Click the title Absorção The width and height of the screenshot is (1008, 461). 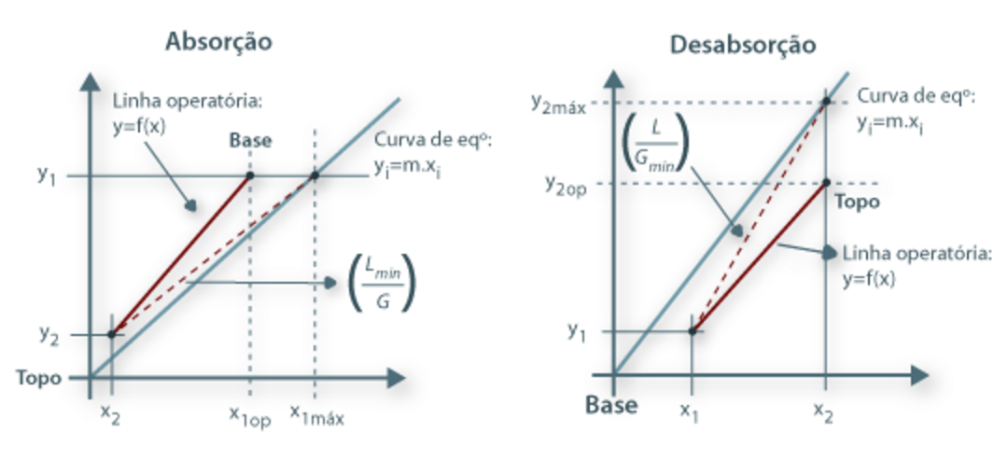click(x=218, y=42)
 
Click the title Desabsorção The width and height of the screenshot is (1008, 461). click(x=743, y=45)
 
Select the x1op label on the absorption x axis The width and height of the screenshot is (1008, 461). click(x=250, y=416)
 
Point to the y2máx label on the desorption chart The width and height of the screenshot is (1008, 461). click(x=559, y=103)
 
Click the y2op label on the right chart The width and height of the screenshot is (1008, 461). click(x=566, y=185)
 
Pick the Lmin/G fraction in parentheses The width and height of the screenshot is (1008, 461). click(x=382, y=283)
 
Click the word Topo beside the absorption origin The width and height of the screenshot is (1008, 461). click(x=39, y=377)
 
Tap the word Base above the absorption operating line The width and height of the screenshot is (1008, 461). click(x=250, y=141)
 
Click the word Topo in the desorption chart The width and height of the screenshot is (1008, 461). click(x=857, y=202)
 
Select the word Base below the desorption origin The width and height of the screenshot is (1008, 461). click(x=611, y=405)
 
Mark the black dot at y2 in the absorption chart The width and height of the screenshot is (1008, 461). click(x=111, y=334)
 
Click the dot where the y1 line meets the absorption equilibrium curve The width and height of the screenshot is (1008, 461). click(x=315, y=175)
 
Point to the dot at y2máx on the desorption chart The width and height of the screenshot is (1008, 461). click(x=826, y=102)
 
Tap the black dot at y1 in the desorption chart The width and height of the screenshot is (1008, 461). click(x=693, y=331)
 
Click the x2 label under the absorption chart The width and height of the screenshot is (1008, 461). click(x=110, y=416)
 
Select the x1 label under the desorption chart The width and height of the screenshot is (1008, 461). click(x=689, y=412)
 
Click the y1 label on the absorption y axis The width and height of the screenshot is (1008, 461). click(x=47, y=175)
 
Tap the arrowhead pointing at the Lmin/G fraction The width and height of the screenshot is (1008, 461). click(x=330, y=282)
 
